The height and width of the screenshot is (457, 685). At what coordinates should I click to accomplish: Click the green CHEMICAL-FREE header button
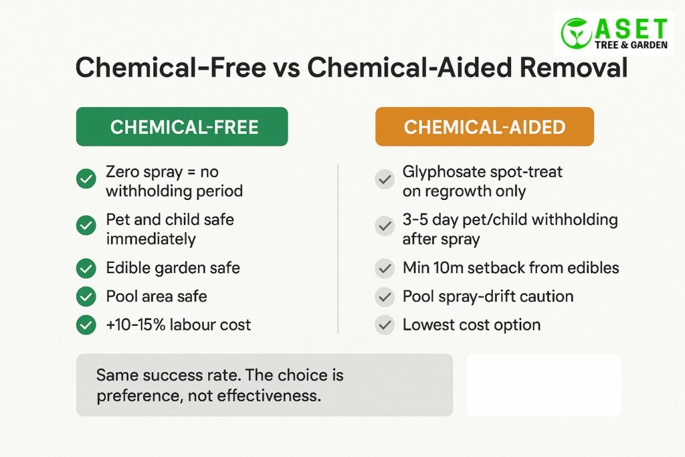pyautogui.click(x=182, y=126)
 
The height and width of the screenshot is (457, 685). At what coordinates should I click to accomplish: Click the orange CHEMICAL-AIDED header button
pyautogui.click(x=484, y=126)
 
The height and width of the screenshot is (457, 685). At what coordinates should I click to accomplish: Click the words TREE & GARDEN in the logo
pyautogui.click(x=631, y=45)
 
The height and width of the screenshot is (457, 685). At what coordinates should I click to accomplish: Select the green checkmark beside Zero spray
pyautogui.click(x=86, y=179)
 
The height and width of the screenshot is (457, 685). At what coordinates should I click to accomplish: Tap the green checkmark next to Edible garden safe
pyautogui.click(x=86, y=268)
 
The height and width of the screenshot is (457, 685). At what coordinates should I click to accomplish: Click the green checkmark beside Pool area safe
pyautogui.click(x=86, y=296)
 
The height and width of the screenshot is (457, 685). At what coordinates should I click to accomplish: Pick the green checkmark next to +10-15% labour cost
pyautogui.click(x=86, y=325)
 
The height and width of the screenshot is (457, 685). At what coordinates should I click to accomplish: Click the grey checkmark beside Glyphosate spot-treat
pyautogui.click(x=385, y=179)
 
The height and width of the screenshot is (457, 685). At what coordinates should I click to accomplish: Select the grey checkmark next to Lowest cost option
pyautogui.click(x=385, y=325)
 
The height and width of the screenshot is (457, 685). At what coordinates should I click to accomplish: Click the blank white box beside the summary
pyautogui.click(x=544, y=385)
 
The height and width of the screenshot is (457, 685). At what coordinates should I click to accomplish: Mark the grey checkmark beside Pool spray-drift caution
pyautogui.click(x=385, y=296)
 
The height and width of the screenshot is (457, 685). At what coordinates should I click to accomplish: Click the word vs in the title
pyautogui.click(x=286, y=69)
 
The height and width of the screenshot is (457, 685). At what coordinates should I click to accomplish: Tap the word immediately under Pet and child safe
pyautogui.click(x=151, y=240)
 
